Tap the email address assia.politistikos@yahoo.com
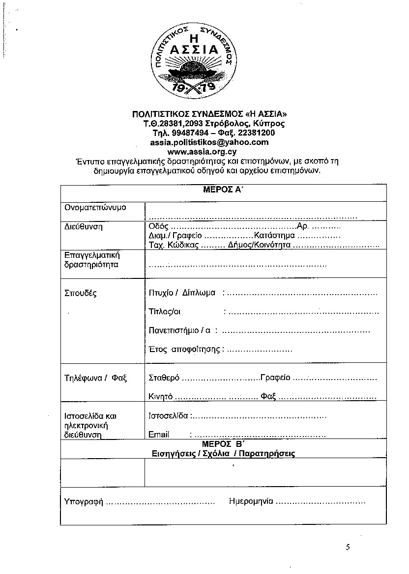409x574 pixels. click(209, 142)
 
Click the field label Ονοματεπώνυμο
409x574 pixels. click(95, 207)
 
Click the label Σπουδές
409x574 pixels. click(81, 294)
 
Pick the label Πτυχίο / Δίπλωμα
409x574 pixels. click(182, 293)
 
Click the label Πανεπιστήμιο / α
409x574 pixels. click(179, 330)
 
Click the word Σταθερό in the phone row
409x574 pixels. click(164, 378)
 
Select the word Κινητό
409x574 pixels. click(160, 396)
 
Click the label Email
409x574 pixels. click(159, 435)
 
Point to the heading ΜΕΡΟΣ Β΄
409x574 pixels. click(223, 444)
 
